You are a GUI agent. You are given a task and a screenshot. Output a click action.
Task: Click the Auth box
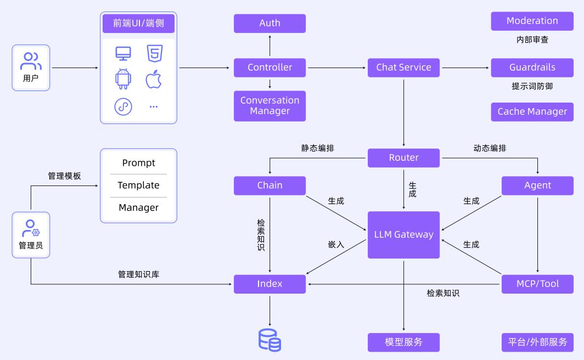tap(269, 23)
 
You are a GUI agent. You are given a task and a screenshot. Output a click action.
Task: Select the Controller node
tap(269, 67)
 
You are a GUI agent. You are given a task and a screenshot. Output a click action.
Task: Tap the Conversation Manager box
tap(269, 105)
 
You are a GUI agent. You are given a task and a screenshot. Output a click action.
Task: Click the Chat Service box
tap(403, 67)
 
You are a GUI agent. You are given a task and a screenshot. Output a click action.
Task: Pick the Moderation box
tap(532, 21)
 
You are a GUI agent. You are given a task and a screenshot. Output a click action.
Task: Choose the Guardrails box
tap(532, 67)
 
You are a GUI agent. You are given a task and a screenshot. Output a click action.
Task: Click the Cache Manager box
tap(532, 111)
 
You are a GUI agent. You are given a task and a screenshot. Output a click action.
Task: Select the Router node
tap(403, 157)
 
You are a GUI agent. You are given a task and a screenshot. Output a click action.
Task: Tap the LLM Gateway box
tap(403, 234)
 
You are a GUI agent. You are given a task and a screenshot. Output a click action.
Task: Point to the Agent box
tap(537, 185)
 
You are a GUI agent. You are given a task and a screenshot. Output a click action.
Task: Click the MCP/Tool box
tap(537, 284)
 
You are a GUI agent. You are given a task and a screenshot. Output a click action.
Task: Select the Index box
tap(269, 284)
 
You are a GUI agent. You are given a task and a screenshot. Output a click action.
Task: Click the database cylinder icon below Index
tap(269, 340)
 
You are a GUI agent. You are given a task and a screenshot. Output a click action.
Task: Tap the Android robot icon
tap(123, 79)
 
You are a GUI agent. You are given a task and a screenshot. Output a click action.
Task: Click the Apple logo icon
tap(154, 79)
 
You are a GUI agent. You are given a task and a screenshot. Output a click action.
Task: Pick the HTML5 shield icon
tap(154, 53)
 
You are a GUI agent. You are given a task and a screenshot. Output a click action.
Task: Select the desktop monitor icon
tap(123, 53)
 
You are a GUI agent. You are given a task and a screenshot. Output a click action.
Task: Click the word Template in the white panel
tap(138, 185)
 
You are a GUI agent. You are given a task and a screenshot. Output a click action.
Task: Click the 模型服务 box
tap(403, 342)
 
